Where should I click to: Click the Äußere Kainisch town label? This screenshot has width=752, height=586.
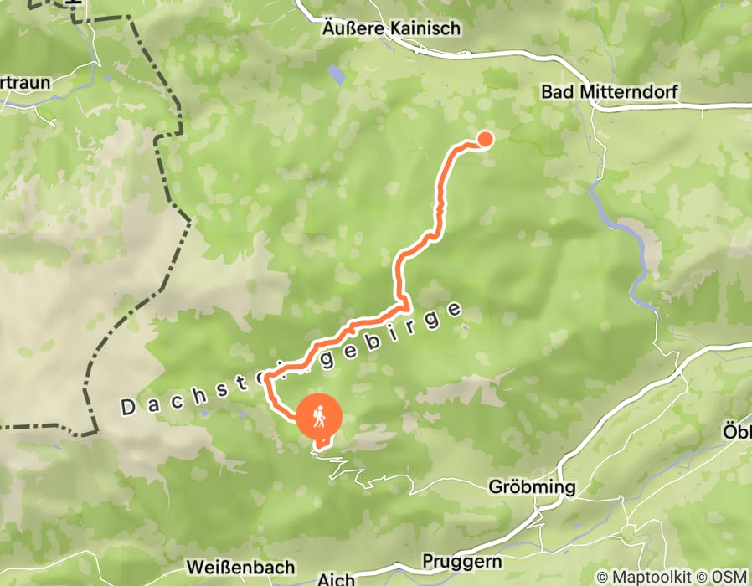pyautogui.click(x=392, y=28)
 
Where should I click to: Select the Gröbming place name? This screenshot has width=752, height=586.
pyautogui.click(x=533, y=487)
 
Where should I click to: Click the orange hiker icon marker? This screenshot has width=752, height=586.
pyautogui.click(x=320, y=416)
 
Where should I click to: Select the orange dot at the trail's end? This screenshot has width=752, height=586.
pyautogui.click(x=484, y=139)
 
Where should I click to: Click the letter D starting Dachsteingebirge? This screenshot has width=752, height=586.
pyautogui.click(x=128, y=409)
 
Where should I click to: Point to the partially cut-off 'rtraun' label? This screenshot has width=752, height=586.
pyautogui.click(x=25, y=83)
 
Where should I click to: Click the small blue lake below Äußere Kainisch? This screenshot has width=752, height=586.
pyautogui.click(x=336, y=75)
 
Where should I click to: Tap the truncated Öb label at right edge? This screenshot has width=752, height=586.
pyautogui.click(x=737, y=432)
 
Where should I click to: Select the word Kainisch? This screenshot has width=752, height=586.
pyautogui.click(x=425, y=28)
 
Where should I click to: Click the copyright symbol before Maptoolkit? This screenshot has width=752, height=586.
pyautogui.click(x=601, y=577)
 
